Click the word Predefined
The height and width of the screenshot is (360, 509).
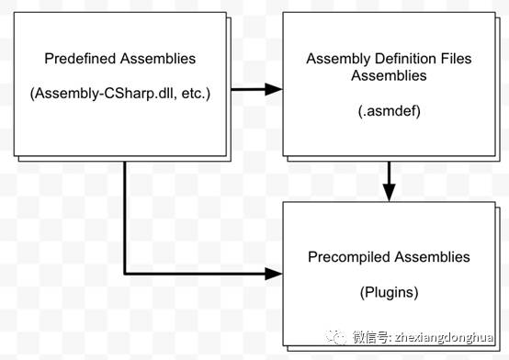point(80,59)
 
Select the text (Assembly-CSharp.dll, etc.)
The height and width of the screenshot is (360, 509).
point(120,94)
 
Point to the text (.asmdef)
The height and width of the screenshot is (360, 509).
point(390,111)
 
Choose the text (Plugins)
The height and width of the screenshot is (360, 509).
point(389,292)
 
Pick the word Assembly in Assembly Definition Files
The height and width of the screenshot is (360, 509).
point(338,60)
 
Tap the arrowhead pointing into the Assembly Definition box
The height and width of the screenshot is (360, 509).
point(273,89)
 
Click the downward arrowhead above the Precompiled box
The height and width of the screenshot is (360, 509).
point(389,192)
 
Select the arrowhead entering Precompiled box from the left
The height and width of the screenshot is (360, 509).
point(273,274)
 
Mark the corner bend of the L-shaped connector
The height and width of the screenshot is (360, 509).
point(125,274)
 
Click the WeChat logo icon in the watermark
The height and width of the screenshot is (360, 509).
point(335,338)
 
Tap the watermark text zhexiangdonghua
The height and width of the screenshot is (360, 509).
point(444,338)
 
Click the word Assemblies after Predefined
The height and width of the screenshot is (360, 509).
point(158,59)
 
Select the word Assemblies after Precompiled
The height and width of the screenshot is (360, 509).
point(433,256)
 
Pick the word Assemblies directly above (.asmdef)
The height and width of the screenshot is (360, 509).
point(389,75)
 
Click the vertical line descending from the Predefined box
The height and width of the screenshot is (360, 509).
point(125,218)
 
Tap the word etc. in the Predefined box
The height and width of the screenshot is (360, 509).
point(194,94)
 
